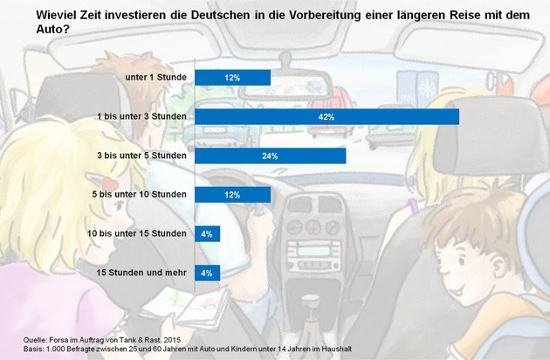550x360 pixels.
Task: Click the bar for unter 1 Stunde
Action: click(x=232, y=78)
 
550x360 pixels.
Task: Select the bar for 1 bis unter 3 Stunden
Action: click(x=327, y=117)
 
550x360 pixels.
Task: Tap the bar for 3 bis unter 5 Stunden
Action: click(x=270, y=156)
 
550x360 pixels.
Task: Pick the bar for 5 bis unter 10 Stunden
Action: click(x=232, y=195)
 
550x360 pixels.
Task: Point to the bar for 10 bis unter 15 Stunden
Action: click(x=207, y=233)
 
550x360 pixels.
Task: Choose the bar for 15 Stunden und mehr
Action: click(x=207, y=273)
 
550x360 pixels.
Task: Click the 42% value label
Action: click(x=327, y=117)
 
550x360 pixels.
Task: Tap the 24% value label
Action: click(x=270, y=156)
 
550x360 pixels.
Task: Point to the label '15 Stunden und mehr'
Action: click(x=141, y=273)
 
